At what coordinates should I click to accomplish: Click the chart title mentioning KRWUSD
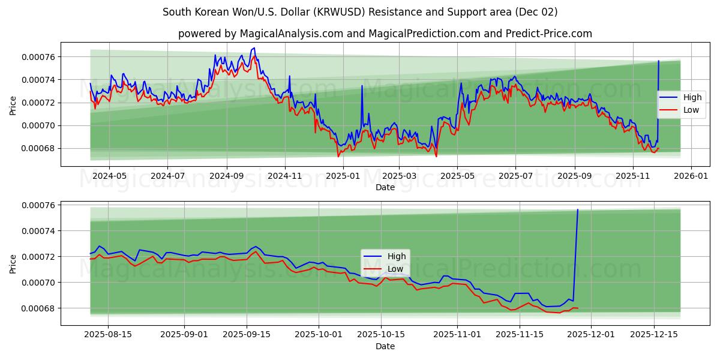(x=360, y=12)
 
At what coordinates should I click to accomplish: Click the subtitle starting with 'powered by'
(x=385, y=34)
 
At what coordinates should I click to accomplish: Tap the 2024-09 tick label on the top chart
(x=227, y=176)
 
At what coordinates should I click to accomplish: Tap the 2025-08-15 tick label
(x=108, y=334)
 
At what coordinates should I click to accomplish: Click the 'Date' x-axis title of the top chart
(x=385, y=187)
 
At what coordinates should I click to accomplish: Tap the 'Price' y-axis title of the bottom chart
(x=13, y=263)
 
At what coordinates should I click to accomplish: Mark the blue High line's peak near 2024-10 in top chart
(x=254, y=48)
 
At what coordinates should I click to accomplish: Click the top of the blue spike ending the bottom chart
(x=578, y=209)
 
